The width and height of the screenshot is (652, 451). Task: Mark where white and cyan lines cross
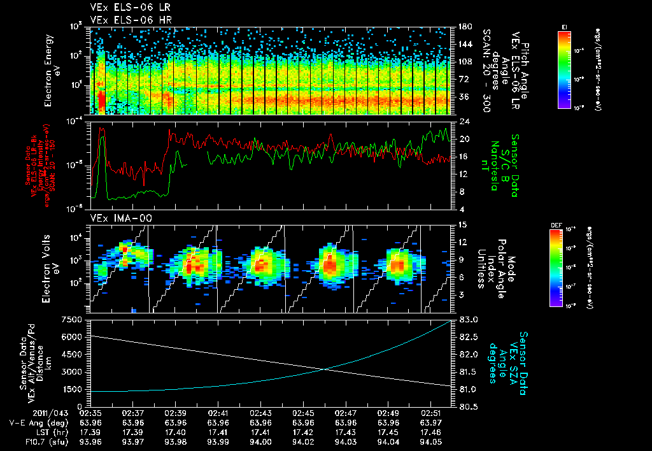[325, 369]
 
